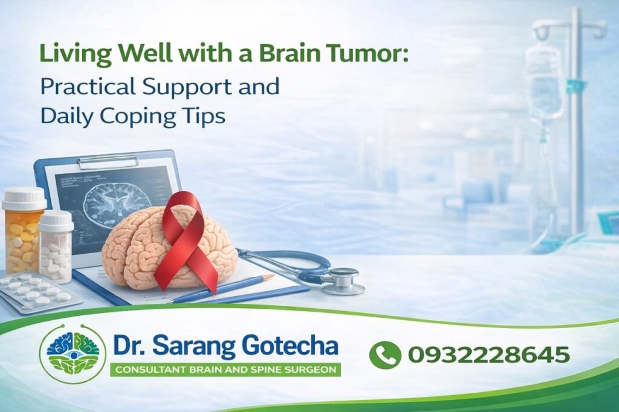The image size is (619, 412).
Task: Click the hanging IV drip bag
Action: [x=543, y=85]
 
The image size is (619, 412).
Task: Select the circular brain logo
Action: [x=73, y=355]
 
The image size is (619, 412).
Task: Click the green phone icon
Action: [x=385, y=355]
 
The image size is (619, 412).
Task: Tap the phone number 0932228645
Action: [x=488, y=355]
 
